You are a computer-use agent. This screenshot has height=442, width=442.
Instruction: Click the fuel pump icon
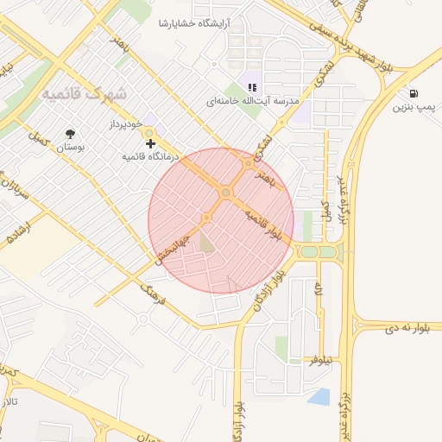coord(416,93)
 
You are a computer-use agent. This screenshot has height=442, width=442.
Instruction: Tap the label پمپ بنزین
coord(412,108)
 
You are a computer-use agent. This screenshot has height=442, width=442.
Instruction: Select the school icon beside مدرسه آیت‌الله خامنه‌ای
coord(252,86)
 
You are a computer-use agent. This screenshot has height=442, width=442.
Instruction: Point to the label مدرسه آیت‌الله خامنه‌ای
coord(252,101)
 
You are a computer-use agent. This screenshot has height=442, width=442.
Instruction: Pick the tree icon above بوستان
coord(70,134)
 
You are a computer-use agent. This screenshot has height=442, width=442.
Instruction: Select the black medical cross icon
coord(151,142)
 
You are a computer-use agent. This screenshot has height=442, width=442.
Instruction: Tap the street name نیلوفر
coord(320,360)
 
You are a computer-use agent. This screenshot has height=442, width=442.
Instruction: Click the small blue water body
coord(319,397)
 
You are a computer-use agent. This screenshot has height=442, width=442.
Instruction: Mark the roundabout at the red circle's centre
coord(225,193)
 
